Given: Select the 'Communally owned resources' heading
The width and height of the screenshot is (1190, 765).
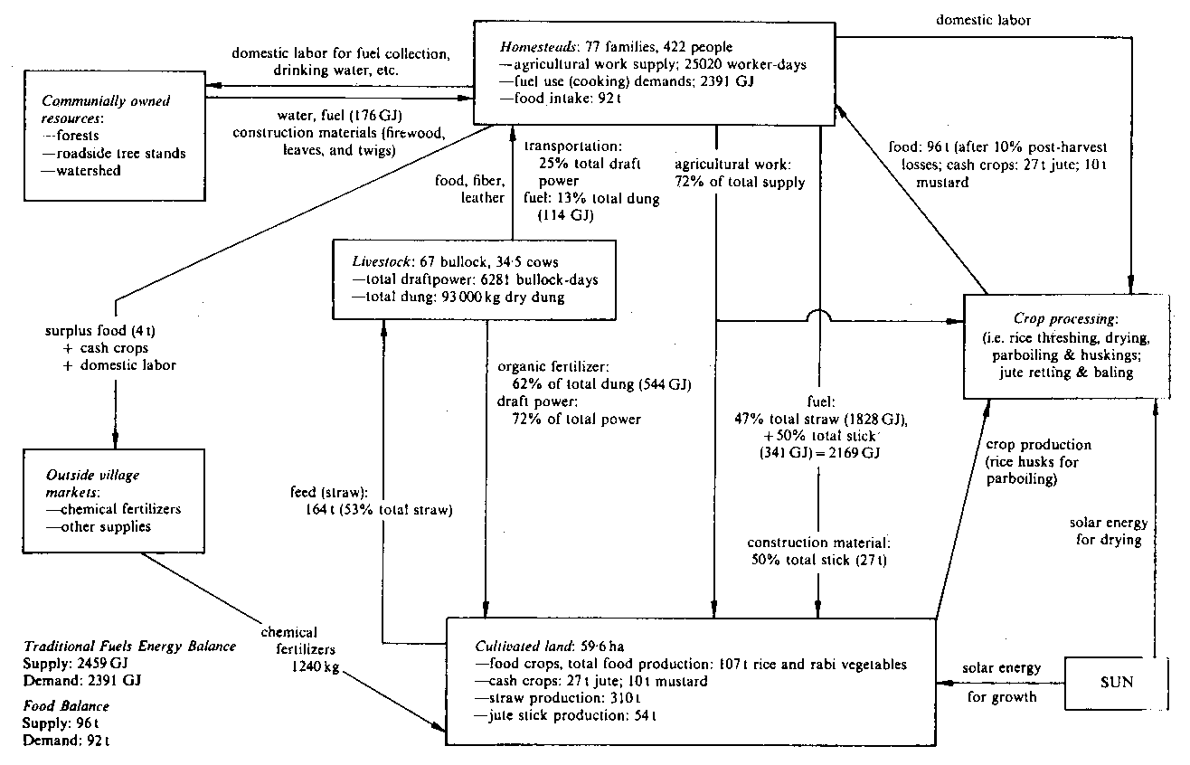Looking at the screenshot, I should coord(99,110).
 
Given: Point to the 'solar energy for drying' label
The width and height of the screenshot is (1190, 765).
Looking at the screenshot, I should coord(1109,532).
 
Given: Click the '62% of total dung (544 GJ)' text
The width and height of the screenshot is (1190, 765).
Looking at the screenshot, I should coord(600,384).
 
